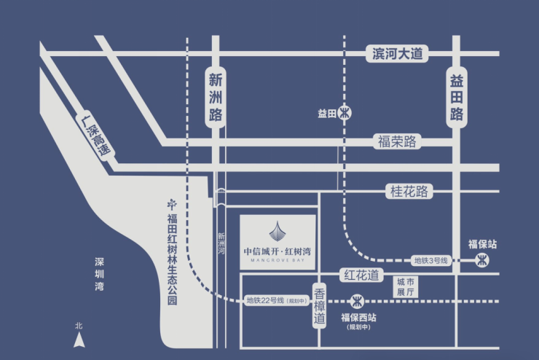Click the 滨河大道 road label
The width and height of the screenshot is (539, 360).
[x=397, y=54]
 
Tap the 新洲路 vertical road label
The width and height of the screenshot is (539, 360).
[x=216, y=98]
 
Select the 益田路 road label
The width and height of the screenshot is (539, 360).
[x=457, y=98]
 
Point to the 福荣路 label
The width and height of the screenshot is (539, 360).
[x=397, y=141]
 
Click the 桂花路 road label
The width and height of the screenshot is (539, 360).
[x=409, y=191]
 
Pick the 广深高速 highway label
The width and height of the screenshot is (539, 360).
[x=95, y=136]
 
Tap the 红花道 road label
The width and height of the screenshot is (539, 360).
[x=361, y=275]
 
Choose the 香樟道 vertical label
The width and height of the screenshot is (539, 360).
[x=319, y=306]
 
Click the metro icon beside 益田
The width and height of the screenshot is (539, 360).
[x=345, y=113]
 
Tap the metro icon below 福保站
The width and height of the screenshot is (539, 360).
[x=482, y=260]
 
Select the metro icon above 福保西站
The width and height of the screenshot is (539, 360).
[x=357, y=302]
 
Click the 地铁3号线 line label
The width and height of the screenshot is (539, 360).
[x=430, y=261]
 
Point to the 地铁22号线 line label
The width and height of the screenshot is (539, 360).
[x=277, y=300]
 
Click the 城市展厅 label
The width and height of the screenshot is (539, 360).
[x=406, y=287]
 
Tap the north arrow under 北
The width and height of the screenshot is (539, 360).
[x=79, y=340]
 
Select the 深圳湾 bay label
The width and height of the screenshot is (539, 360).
[x=99, y=274]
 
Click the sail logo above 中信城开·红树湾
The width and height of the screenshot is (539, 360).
[x=277, y=231]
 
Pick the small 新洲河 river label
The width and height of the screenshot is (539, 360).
[x=221, y=243]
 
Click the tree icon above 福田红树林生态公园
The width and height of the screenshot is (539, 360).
[x=172, y=204]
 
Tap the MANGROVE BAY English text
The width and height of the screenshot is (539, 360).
[x=278, y=260]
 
